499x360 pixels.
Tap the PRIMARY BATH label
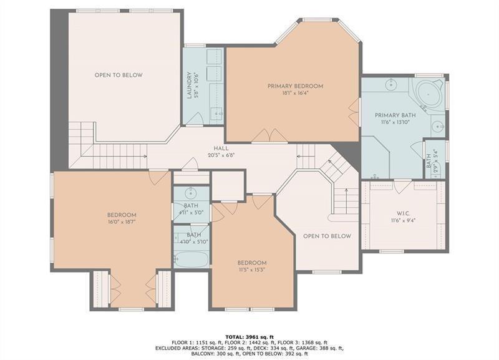click(x=395, y=116)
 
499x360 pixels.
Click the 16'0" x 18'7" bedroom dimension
click(x=121, y=221)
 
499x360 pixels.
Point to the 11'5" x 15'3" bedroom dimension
click(x=252, y=270)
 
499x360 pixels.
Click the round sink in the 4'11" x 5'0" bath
click(x=191, y=192)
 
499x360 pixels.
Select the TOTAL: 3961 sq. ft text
click(x=249, y=336)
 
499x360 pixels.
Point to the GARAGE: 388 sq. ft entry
click(x=324, y=348)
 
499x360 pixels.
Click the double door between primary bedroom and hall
click(x=269, y=135)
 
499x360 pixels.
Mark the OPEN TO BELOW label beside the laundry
click(x=119, y=75)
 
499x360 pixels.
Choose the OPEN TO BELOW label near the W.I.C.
click(x=327, y=236)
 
